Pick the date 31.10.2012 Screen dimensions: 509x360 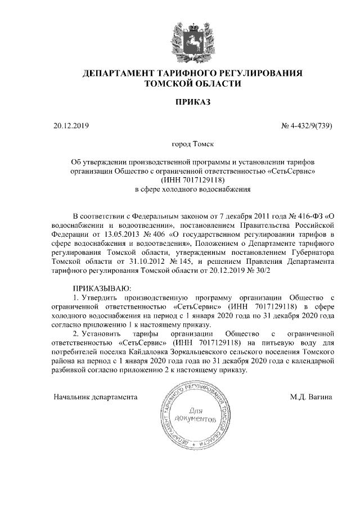(x=151, y=261)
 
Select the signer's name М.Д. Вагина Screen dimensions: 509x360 (x=311, y=396)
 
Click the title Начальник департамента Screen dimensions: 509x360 (x=96, y=396)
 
